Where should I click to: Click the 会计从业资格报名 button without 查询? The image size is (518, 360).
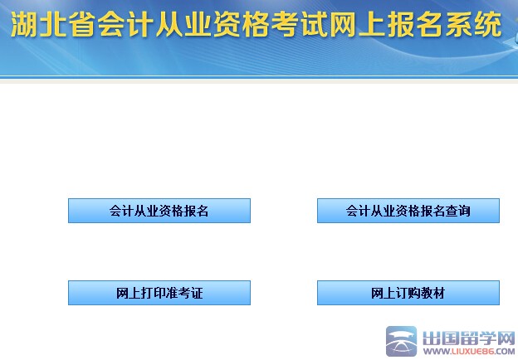(159, 211)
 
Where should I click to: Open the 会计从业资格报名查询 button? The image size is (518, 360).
(408, 211)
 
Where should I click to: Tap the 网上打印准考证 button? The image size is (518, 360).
(159, 293)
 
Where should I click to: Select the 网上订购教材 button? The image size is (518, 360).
(408, 293)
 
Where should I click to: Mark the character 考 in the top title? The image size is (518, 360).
(284, 27)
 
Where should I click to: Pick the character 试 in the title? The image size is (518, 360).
(313, 27)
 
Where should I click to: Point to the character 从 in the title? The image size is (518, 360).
(169, 27)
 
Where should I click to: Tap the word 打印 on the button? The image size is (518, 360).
(154, 293)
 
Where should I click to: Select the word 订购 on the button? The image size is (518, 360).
(408, 293)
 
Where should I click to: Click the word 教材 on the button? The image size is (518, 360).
(432, 293)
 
